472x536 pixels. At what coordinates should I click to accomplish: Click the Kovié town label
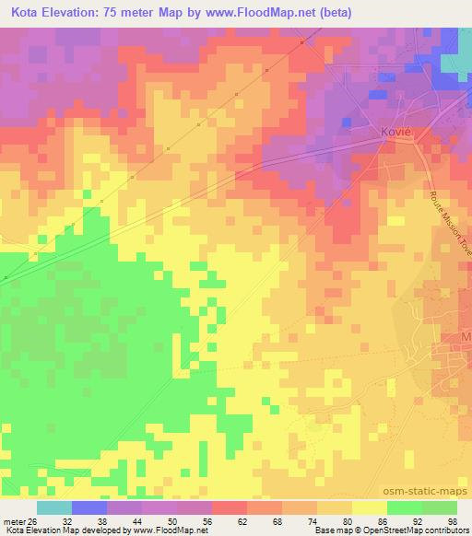pyautogui.click(x=395, y=132)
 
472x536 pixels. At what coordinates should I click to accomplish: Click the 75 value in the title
pyautogui.click(x=122, y=10)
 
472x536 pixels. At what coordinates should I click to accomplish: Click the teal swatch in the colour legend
pyautogui.click(x=54, y=507)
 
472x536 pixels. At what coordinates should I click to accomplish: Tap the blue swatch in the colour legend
pyautogui.click(x=89, y=507)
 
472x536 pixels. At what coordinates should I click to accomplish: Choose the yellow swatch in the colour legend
pyautogui.click(x=370, y=507)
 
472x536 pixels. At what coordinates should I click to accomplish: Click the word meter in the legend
pyautogui.click(x=13, y=520)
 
